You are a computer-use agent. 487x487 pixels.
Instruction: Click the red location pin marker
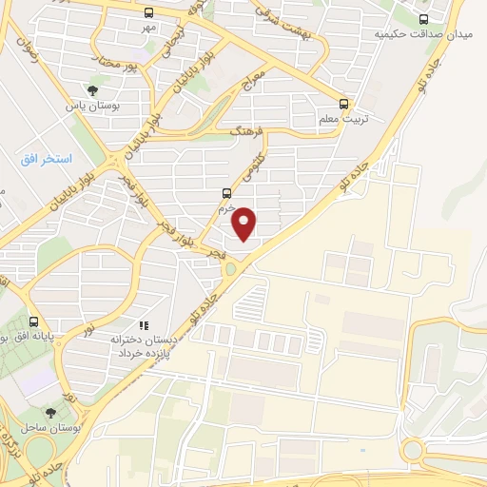pyautogui.click(x=245, y=223)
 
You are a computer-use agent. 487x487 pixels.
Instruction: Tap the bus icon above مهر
pyautogui.click(x=148, y=12)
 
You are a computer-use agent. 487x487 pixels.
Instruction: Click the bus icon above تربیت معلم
pyautogui.click(x=344, y=105)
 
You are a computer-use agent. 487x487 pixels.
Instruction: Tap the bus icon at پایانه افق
pyautogui.click(x=34, y=321)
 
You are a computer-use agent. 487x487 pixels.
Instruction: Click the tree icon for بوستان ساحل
pyautogui.click(x=49, y=412)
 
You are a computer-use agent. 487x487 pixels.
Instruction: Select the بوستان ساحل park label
pyautogui.click(x=49, y=429)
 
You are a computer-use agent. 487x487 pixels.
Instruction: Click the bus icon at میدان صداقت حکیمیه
pyautogui.click(x=424, y=17)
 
